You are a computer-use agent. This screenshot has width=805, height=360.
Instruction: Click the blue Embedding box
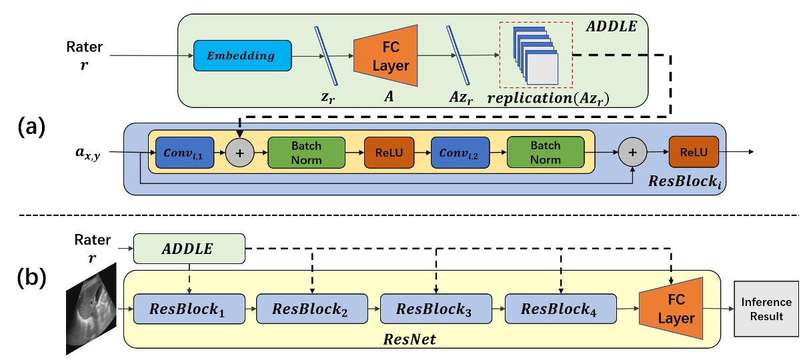point(243,56)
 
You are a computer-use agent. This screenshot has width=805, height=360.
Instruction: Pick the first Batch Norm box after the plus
point(306,153)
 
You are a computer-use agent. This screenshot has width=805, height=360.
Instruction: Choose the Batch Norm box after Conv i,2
point(545,153)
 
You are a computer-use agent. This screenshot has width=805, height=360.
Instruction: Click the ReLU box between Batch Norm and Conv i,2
point(388,154)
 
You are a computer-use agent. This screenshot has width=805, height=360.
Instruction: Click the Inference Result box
point(766,309)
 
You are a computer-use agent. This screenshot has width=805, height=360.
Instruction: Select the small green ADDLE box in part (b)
point(189,248)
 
